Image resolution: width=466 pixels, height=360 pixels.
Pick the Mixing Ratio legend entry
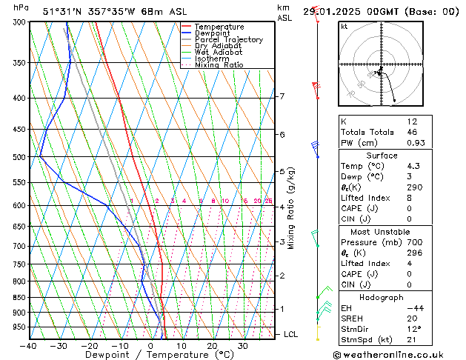tap(219, 65)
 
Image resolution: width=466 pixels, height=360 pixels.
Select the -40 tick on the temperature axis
tap(29, 346)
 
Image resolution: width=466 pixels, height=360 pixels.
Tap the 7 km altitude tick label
tap(282, 96)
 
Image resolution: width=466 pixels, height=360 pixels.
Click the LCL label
tap(291, 334)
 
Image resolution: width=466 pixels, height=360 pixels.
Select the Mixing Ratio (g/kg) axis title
tap(291, 208)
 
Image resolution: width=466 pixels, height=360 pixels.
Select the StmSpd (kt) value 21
tap(412, 341)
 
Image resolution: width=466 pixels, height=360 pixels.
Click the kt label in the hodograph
tap(344, 27)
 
